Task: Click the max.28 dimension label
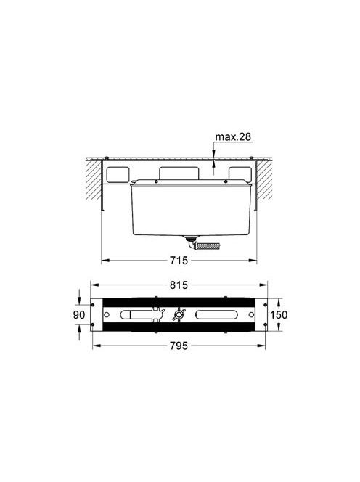pyautogui.click(x=233, y=136)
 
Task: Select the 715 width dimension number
pyautogui.click(x=179, y=261)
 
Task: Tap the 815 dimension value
pyautogui.click(x=179, y=285)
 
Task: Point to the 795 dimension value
pyautogui.click(x=179, y=346)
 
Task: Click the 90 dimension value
pyautogui.click(x=79, y=315)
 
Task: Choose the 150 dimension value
pyautogui.click(x=279, y=315)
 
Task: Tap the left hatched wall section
pyautogui.click(x=94, y=179)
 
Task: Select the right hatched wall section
pyautogui.click(x=264, y=179)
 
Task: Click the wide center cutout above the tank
pyautogui.click(x=179, y=173)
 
